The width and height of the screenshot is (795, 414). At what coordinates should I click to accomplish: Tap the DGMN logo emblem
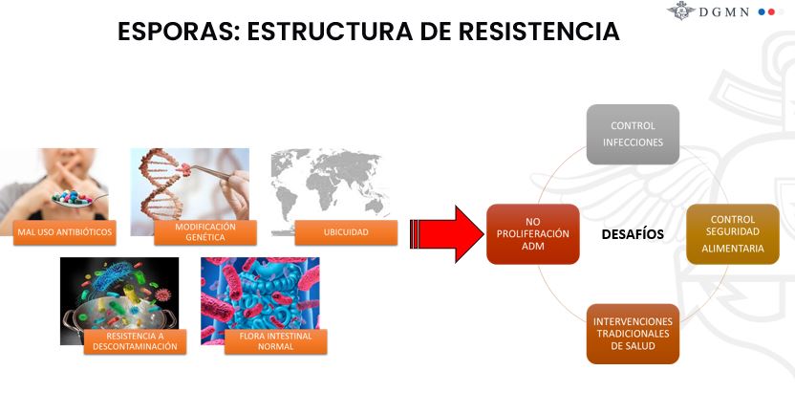(680, 11)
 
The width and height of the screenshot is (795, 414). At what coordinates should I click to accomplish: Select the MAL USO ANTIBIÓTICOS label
(64, 232)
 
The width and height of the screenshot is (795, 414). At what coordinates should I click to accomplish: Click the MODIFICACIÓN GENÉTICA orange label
(205, 232)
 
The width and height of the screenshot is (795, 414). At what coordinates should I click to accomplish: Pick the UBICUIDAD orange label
(346, 232)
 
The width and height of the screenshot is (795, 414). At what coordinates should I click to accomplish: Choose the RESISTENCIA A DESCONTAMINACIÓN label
(135, 341)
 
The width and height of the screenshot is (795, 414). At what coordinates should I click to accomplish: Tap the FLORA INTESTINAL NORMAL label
(276, 341)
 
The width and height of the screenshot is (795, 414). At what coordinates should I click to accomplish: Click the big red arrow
(446, 234)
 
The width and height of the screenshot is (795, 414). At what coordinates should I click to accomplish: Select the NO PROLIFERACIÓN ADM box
(533, 234)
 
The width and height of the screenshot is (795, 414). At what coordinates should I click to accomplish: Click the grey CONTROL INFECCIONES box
(633, 135)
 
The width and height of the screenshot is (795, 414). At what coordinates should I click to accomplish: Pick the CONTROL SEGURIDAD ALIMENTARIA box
(733, 234)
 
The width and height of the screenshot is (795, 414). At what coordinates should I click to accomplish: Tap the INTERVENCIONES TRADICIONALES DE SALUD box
(633, 334)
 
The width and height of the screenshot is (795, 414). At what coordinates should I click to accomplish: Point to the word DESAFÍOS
(633, 234)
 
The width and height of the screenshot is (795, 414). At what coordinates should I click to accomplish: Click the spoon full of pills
(76, 198)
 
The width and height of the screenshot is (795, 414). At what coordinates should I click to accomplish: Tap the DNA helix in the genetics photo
(161, 184)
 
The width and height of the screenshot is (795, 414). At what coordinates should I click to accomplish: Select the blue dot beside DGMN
(762, 11)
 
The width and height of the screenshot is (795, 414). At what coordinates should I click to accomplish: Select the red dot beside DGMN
(771, 11)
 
